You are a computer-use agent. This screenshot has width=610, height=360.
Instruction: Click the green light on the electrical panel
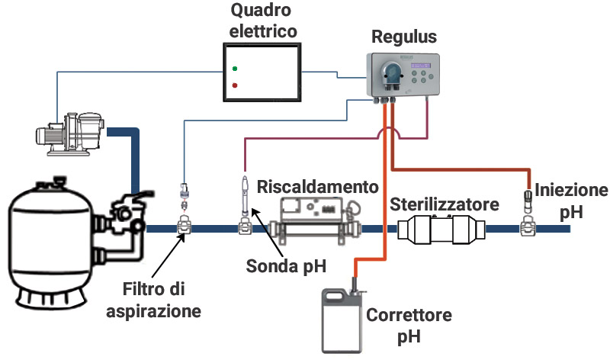(235, 68)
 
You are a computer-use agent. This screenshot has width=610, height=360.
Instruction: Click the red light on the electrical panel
(235, 85)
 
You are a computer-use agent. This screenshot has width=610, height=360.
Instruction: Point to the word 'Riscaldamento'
(318, 187)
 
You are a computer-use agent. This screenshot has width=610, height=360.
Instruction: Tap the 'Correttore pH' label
(409, 323)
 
